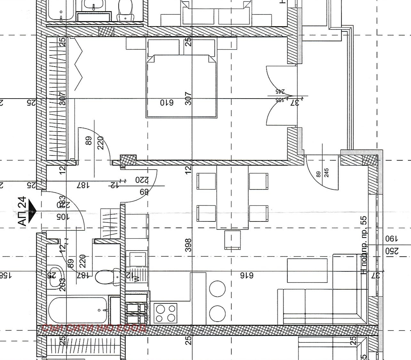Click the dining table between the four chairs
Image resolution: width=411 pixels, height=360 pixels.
[x=232, y=197]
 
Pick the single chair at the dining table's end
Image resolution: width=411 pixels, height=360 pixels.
[x=232, y=240]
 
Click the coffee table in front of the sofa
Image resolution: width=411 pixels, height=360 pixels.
[x=307, y=270]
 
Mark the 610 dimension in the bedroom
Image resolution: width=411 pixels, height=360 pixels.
[x=166, y=102]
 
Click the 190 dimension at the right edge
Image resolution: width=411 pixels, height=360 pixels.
[x=391, y=239]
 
